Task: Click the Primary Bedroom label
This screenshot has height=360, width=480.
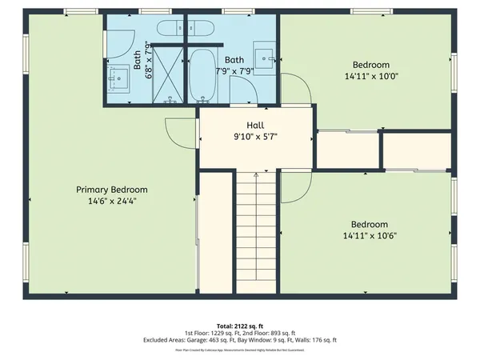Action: pos(111,190)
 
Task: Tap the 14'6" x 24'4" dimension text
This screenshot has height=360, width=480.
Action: pos(111,202)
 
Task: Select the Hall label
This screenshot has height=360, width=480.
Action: pos(255,126)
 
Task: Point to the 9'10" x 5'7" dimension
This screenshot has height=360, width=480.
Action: pos(255,137)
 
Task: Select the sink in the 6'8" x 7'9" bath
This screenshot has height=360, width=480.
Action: pos(120,77)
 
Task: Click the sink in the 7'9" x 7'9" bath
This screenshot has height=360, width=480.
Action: pos(264,57)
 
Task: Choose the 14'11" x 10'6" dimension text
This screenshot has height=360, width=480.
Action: pos(370,236)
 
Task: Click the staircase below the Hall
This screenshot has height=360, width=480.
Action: pos(255,232)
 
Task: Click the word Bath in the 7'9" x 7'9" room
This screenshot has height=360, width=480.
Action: pos(234,60)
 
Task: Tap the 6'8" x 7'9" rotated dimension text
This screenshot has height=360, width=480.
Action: pos(147,58)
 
